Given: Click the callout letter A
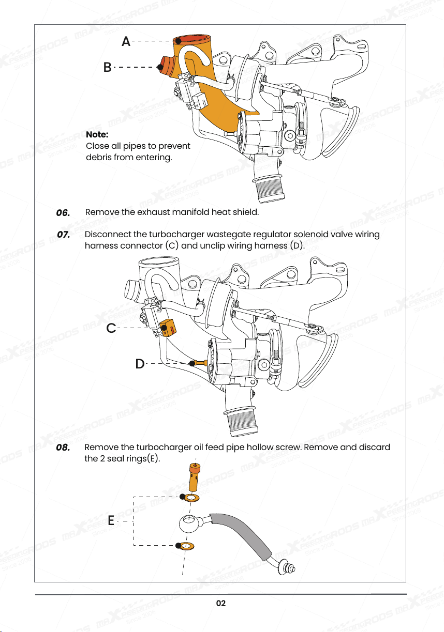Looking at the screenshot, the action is [x=126, y=41].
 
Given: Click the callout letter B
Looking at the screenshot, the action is [x=108, y=67].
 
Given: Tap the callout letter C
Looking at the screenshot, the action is [x=111, y=328].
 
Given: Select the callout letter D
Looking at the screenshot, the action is [x=140, y=364].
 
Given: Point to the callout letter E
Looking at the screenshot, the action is [x=111, y=520].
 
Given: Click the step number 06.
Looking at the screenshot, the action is [x=63, y=212].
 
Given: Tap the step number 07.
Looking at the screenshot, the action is [x=63, y=235].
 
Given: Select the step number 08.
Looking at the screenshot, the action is [x=63, y=448].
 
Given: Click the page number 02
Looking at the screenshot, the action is [x=221, y=603].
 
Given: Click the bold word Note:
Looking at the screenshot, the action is [x=97, y=134].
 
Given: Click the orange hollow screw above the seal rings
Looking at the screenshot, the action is [x=195, y=477].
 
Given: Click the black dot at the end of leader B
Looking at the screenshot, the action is [x=160, y=67].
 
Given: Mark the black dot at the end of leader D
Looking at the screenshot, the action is [x=192, y=363].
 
